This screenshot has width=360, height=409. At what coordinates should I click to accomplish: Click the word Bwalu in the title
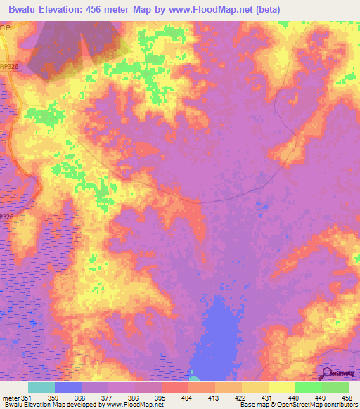[22, 9]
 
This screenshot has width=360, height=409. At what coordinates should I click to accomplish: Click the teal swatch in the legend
[41, 387]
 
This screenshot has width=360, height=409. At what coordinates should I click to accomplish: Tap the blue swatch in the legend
[68, 387]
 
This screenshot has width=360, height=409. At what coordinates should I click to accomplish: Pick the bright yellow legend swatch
[281, 387]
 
